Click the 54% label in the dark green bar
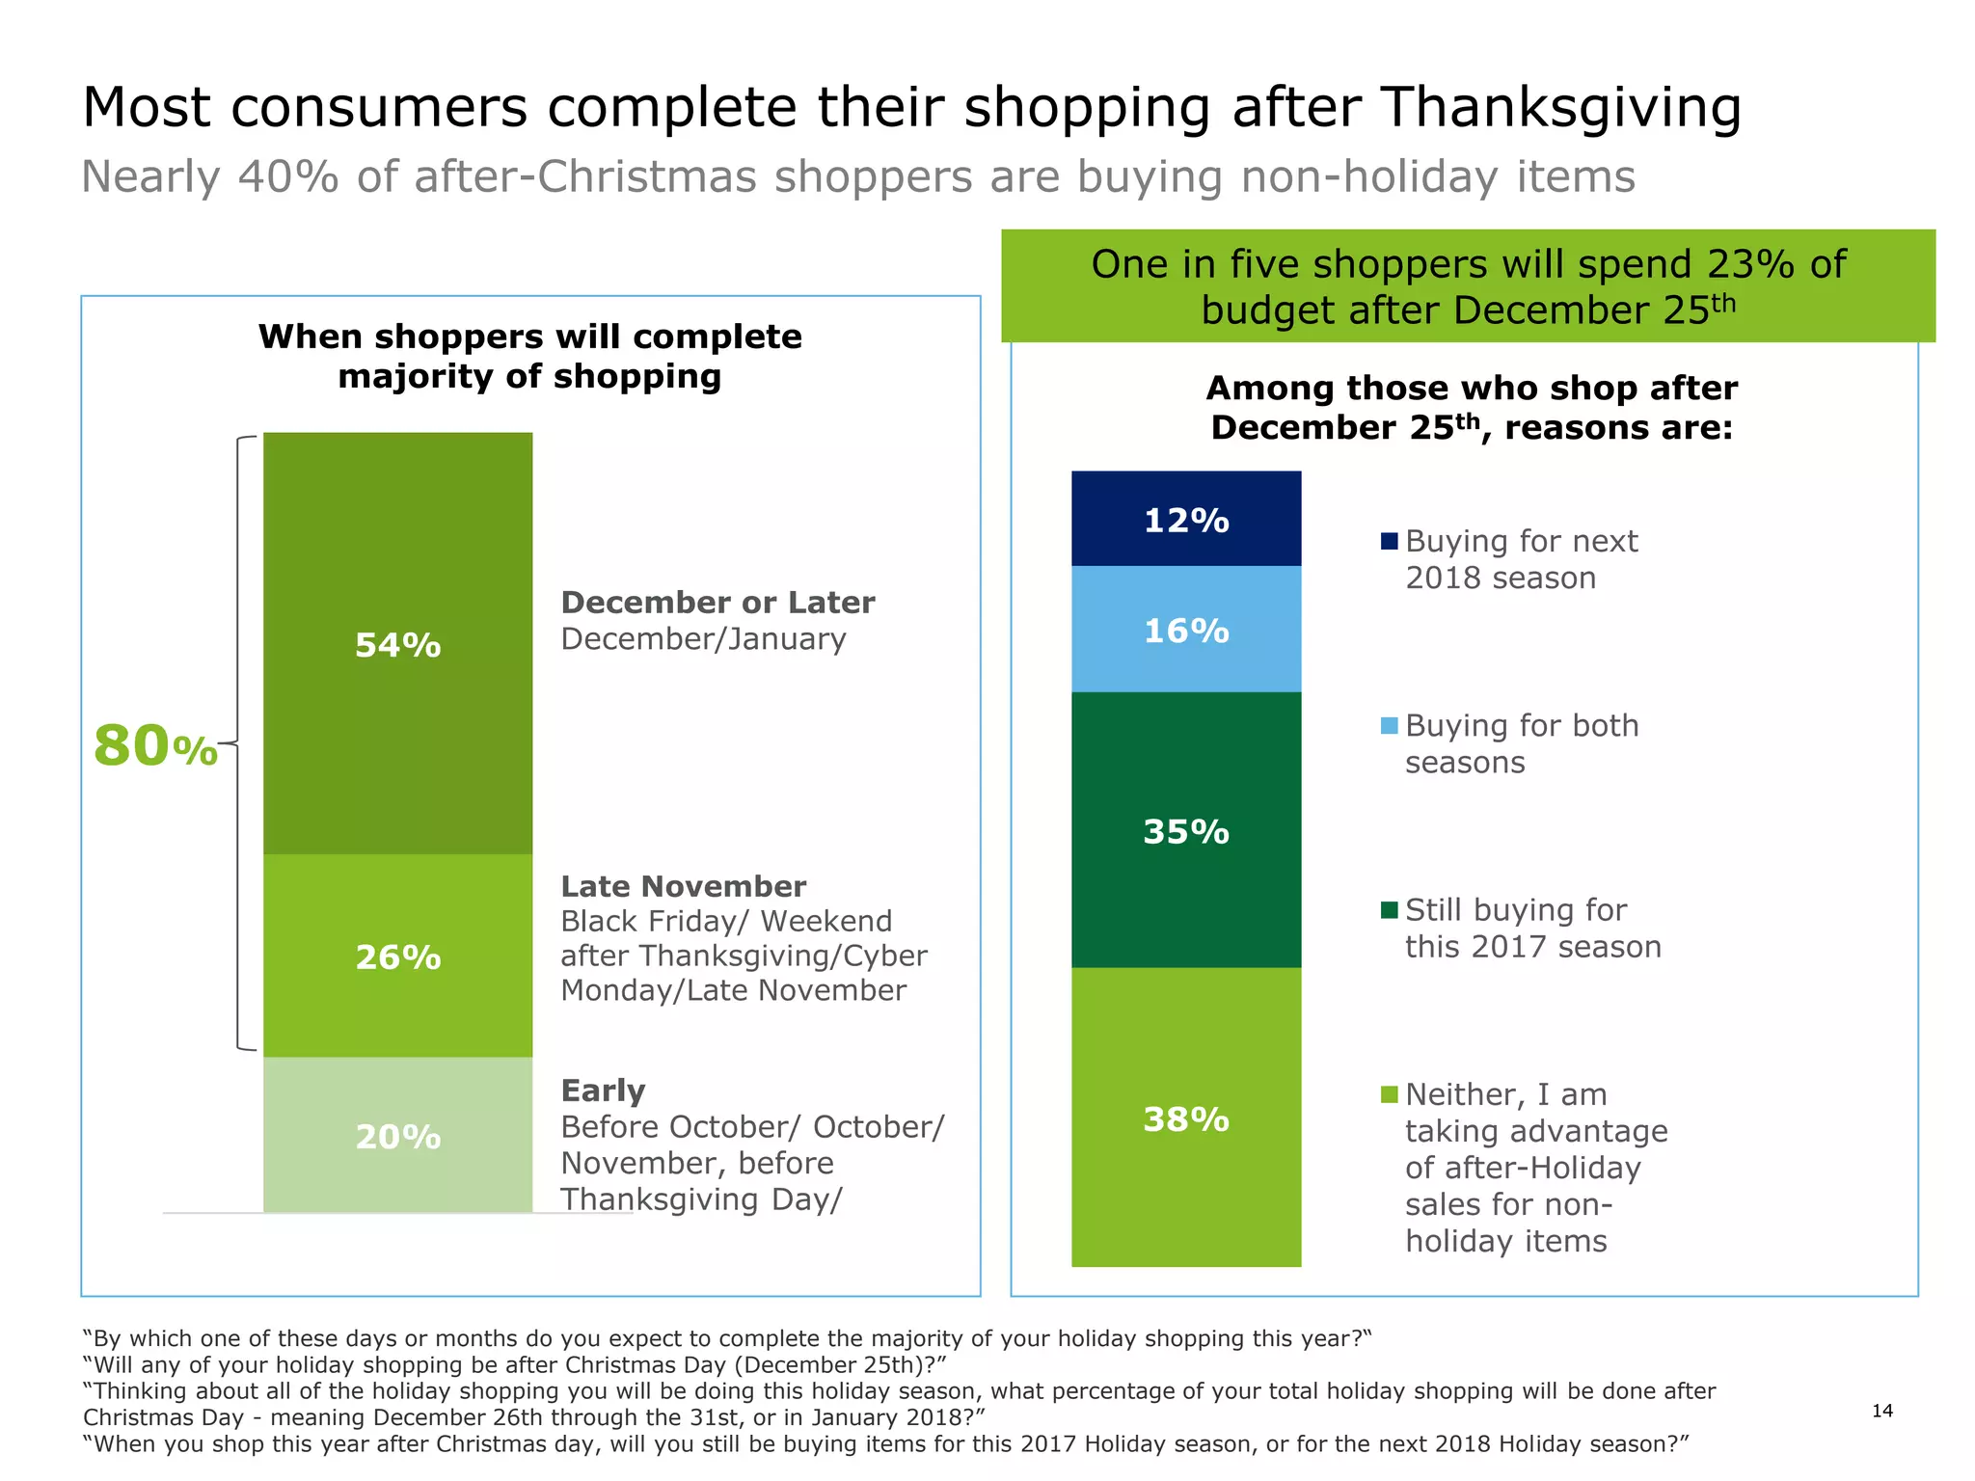(x=397, y=645)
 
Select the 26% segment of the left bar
(x=397, y=956)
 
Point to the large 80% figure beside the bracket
(x=155, y=747)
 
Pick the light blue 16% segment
(x=1186, y=631)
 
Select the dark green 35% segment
(x=1186, y=831)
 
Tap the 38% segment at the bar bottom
(x=1186, y=1118)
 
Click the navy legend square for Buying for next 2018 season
(x=1389, y=541)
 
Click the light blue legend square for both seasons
(x=1389, y=725)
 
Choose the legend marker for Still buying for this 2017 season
(x=1389, y=910)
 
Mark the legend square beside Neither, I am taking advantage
(x=1389, y=1094)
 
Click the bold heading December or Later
(x=717, y=603)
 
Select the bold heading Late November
(x=683, y=886)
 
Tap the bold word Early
(x=603, y=1091)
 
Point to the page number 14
(x=1881, y=1411)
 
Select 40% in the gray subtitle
(x=287, y=177)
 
